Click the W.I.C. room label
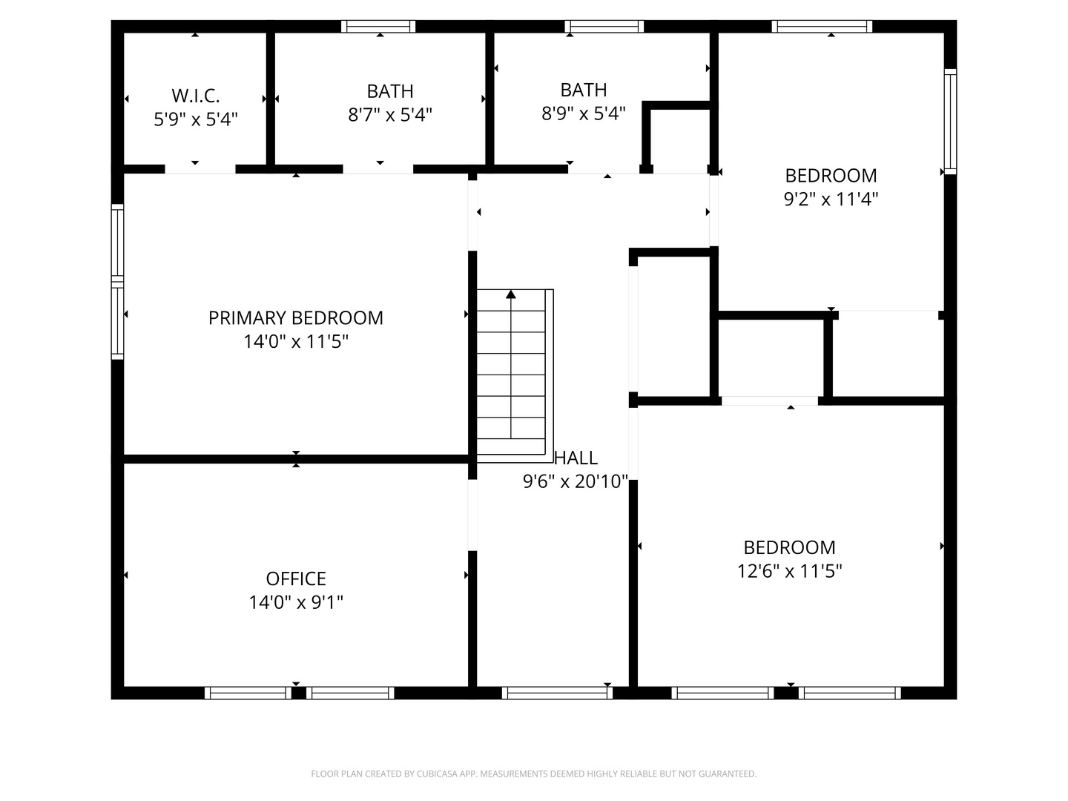coord(195,96)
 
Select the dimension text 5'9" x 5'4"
coord(195,119)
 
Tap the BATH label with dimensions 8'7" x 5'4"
coord(390,91)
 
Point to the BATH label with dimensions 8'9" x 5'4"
coord(584,90)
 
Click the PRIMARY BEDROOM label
coord(295,318)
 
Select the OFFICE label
coord(296,578)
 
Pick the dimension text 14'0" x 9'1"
coord(296,602)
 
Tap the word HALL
coord(576,458)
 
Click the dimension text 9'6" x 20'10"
coord(576,482)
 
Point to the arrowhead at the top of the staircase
coord(511,294)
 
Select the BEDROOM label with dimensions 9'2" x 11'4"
coord(831,176)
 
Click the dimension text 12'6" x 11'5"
coord(789,571)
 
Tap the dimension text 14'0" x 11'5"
coord(295,342)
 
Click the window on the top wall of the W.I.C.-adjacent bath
coord(378,27)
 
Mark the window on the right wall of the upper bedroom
coord(950,122)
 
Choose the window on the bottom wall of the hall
coord(557,693)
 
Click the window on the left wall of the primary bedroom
coord(117,282)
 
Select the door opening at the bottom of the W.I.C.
coord(200,169)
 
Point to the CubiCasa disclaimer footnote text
coord(533,774)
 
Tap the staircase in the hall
coord(511,375)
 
